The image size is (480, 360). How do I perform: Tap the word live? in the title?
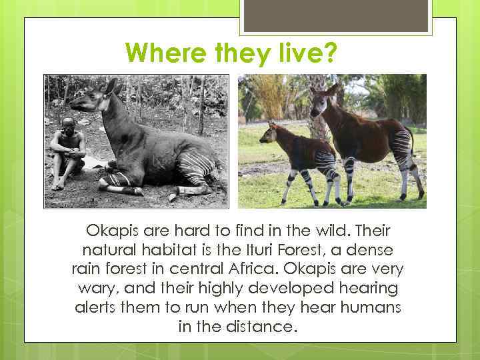(x=309, y=52)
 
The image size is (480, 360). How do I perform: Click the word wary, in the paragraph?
(x=93, y=289)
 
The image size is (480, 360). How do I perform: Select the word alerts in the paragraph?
(x=95, y=308)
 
